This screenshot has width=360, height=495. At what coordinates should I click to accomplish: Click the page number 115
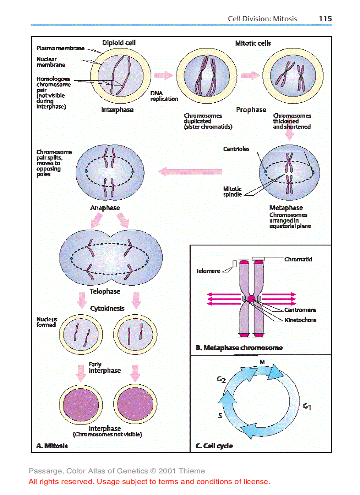coord(325,19)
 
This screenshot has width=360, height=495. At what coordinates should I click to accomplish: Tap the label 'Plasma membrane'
coord(60,48)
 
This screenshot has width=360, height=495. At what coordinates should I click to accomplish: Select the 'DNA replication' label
coord(164,96)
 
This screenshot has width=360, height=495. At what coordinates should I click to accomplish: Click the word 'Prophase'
coord(251,110)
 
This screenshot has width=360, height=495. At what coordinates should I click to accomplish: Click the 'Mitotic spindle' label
coord(232,192)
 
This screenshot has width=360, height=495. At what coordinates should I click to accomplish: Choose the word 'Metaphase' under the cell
coord(286,208)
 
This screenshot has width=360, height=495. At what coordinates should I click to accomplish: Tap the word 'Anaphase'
coord(105,208)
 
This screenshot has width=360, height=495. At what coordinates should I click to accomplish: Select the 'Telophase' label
coord(105,291)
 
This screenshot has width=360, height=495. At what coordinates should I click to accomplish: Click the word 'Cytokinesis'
coord(107,309)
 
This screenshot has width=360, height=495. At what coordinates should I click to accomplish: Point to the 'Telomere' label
coord(208,271)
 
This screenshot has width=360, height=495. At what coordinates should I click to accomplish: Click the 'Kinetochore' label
coord(300,320)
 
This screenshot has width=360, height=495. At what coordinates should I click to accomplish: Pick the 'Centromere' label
coord(300,310)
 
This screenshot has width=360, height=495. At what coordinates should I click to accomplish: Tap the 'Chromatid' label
coord(298,260)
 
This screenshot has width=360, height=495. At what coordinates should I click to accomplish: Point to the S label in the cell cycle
coord(220,415)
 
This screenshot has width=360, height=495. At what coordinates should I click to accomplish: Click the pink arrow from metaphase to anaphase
coord(191,171)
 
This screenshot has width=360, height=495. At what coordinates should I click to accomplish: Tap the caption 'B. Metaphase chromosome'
coord(239,348)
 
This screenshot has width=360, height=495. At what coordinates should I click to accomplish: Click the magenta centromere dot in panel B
coord(251,299)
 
